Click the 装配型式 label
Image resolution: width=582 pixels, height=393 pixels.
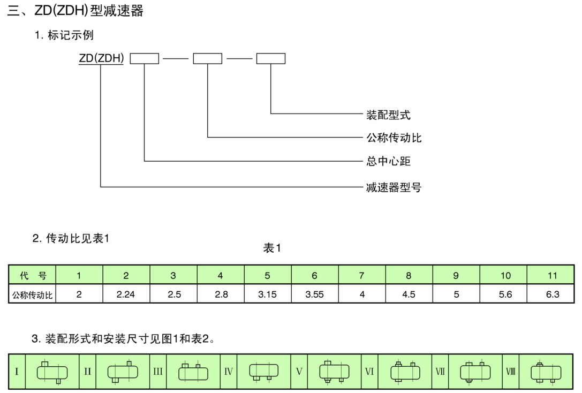(x=388, y=115)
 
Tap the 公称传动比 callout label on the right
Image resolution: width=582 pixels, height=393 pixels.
(x=394, y=138)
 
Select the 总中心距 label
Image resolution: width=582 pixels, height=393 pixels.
(x=388, y=161)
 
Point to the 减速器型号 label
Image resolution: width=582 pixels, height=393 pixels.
(x=394, y=187)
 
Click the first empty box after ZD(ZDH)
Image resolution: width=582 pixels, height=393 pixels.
(x=145, y=59)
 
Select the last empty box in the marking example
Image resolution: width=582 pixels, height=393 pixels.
(x=270, y=59)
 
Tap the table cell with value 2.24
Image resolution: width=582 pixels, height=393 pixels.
(x=126, y=294)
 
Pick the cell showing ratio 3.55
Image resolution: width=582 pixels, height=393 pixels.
(x=314, y=294)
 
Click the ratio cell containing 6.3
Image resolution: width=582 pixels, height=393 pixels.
(x=552, y=294)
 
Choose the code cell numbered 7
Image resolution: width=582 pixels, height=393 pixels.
(x=361, y=276)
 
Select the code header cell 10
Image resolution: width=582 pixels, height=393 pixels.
(x=505, y=276)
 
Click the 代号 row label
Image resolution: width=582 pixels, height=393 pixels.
(x=33, y=276)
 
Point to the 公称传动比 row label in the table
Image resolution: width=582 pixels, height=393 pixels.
(x=33, y=294)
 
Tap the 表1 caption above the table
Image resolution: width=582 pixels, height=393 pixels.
(x=272, y=248)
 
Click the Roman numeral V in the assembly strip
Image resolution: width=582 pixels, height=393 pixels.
(x=299, y=371)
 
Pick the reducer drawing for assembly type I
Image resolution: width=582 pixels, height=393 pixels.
(x=52, y=372)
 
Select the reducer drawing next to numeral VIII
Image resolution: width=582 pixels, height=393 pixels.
(x=546, y=372)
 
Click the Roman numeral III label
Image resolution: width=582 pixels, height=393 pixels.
(x=158, y=371)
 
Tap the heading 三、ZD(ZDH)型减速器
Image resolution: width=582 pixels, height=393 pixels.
(x=75, y=11)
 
